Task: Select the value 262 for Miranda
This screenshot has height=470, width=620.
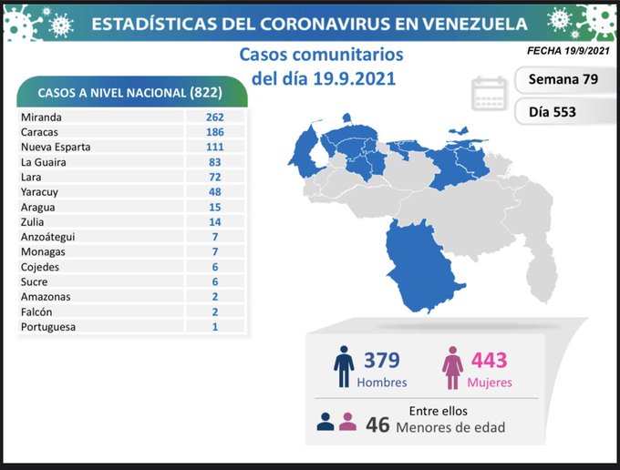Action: [x=214, y=117]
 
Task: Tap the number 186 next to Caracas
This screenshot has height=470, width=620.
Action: [x=214, y=132]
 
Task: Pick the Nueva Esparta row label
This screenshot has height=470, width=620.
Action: [x=57, y=147]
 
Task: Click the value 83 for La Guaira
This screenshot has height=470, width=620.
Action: [x=214, y=162]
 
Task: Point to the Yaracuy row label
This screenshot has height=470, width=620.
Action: [x=41, y=192]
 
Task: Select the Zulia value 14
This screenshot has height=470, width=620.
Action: [x=214, y=221]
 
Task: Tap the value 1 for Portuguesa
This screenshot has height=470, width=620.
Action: [x=214, y=326]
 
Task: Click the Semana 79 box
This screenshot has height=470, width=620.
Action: [x=563, y=79]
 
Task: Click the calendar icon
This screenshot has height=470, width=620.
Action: [x=490, y=94]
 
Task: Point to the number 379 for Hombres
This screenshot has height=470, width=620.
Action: [x=381, y=361]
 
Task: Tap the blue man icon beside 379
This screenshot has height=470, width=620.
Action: [x=344, y=366]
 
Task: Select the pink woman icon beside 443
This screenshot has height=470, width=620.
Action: [x=452, y=367]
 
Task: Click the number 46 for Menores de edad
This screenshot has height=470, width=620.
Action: [x=378, y=424]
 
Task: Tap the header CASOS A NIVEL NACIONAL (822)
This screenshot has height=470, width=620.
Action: [x=132, y=92]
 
